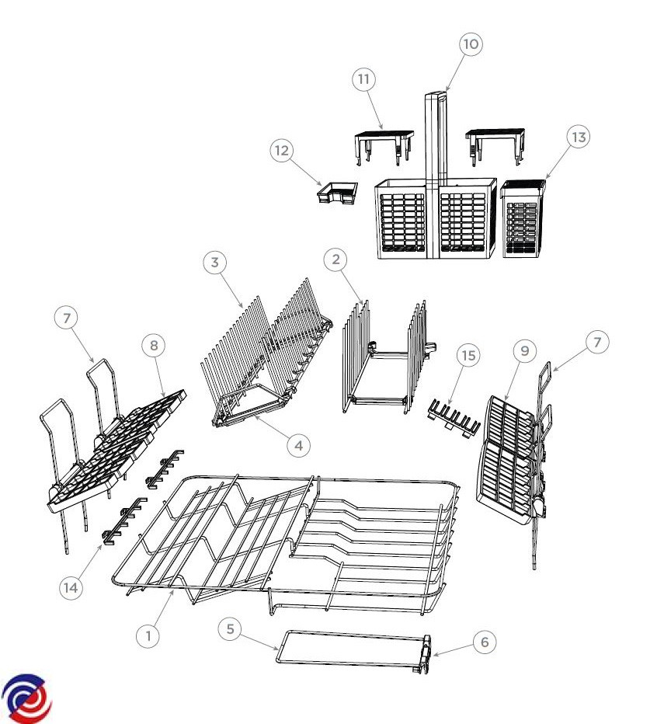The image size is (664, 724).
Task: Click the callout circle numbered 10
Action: pos(471,44)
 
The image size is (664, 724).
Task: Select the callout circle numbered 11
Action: pos(364,79)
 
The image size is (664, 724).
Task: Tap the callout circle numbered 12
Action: pos(282,151)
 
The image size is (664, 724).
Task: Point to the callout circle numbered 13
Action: pos(579,137)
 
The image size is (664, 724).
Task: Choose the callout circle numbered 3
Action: pos(214,263)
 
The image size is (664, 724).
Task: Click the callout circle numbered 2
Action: pos(335,259)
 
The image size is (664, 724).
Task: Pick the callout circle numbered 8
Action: pos(154,346)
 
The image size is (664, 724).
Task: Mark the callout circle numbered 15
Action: pos(468,356)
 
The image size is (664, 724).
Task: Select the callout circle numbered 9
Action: pos(524,351)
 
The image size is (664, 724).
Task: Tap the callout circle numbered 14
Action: pos(71,588)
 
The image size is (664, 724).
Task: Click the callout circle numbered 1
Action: pos(148,635)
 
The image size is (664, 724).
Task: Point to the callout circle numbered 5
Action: pos(230,629)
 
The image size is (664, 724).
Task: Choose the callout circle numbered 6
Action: pos(485,642)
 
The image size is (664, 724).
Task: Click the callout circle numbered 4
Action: pos(299,446)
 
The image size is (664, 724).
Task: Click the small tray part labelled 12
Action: pos(338,193)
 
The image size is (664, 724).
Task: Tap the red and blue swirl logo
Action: pos(26,698)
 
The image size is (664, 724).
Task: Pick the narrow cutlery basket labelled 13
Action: pos(523,218)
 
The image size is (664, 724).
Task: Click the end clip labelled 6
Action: pos(426,655)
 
